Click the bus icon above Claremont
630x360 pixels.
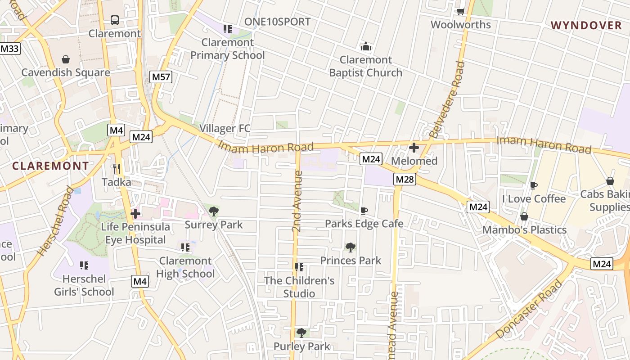click(115, 20)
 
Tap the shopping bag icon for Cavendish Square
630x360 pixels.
click(66, 59)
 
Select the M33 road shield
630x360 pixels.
click(10, 48)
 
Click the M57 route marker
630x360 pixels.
click(161, 77)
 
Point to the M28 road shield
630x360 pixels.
click(405, 179)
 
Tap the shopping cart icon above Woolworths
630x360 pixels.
click(460, 11)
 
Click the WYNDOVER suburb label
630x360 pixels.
click(586, 26)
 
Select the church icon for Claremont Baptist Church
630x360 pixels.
click(365, 46)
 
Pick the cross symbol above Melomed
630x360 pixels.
click(414, 148)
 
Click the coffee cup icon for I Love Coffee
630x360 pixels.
click(534, 185)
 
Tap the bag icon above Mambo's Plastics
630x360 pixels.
click(524, 216)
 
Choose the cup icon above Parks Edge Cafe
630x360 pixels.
click(364, 210)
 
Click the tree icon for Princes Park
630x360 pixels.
click(351, 247)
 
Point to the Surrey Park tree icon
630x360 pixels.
click(214, 211)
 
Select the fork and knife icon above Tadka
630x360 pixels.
click(117, 169)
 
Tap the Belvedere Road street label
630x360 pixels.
click(447, 99)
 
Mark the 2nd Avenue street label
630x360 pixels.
click(297, 201)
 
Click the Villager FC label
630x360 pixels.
click(225, 129)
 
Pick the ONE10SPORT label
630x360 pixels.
click(277, 22)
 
